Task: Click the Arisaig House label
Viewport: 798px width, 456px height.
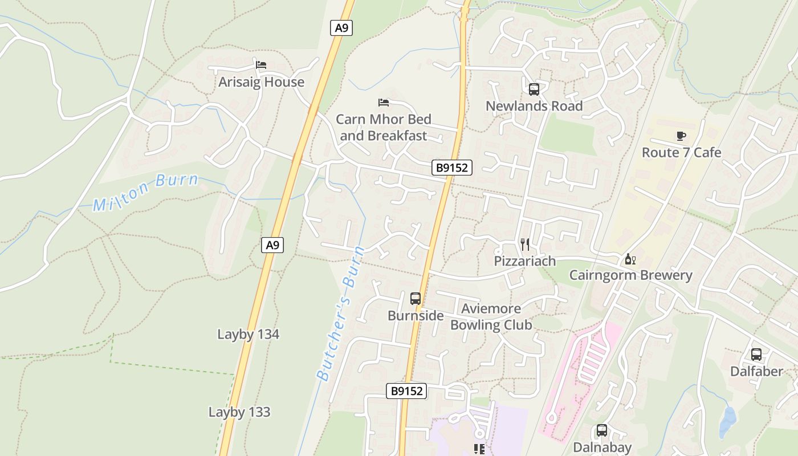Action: point(261,82)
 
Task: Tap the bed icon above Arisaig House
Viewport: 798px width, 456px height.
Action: point(261,65)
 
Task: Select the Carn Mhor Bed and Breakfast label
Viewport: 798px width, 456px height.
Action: point(384,128)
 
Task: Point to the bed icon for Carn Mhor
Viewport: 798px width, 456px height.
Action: point(384,103)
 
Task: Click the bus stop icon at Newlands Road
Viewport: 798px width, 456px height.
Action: point(534,89)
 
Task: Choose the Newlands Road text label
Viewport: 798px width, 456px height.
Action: point(534,106)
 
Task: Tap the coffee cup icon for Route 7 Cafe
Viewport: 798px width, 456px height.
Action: point(681,136)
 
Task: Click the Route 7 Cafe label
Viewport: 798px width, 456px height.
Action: point(681,153)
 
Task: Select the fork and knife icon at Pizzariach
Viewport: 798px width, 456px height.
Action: point(525,245)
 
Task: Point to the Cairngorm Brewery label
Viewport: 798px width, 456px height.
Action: point(631,276)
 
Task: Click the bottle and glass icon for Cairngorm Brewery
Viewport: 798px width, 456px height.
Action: point(630,259)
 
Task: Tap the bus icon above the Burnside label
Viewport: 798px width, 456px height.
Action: point(416,298)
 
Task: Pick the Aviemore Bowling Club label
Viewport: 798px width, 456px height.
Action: point(491,317)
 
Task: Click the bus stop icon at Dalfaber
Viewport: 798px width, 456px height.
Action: point(756,355)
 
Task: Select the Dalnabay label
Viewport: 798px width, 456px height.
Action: point(602,447)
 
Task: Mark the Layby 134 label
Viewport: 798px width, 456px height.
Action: point(248,334)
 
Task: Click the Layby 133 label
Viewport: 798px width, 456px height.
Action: point(239,412)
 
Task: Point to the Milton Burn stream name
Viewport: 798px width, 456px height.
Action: point(146,193)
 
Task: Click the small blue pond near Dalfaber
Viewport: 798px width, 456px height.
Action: point(727,421)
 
